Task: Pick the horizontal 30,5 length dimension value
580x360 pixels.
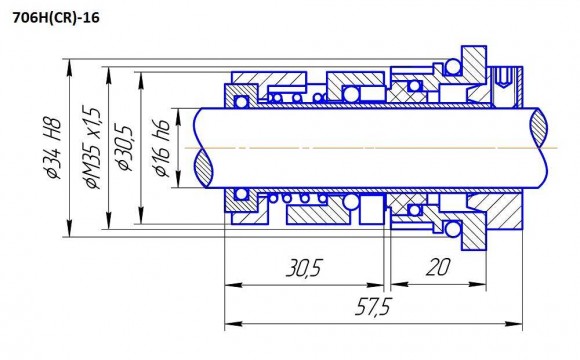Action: [302, 268]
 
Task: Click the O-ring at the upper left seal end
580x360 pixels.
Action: [240, 99]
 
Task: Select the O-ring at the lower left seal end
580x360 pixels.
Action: [240, 194]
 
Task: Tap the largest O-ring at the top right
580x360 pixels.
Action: [452, 67]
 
